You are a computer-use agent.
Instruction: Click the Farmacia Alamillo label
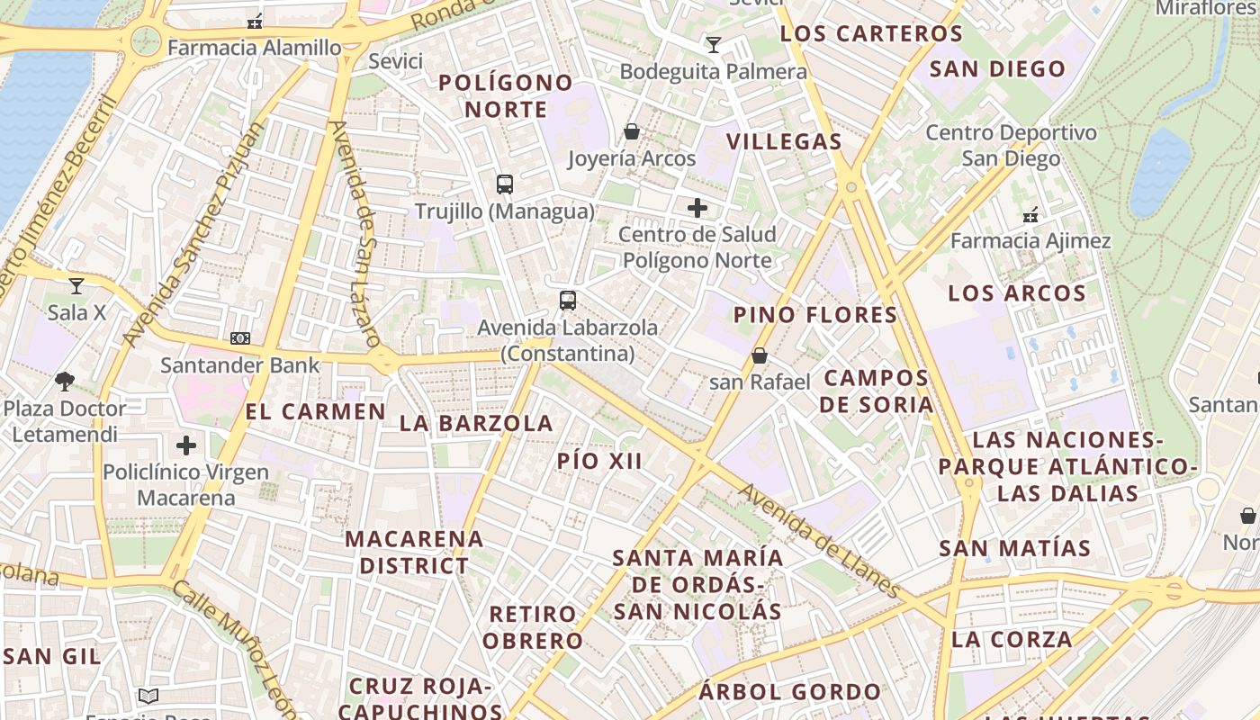click(255, 47)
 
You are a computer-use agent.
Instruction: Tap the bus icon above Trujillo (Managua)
click(505, 184)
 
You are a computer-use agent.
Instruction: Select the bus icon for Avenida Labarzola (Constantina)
click(567, 301)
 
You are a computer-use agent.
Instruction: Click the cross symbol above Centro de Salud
click(697, 209)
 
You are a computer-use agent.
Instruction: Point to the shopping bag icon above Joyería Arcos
click(632, 132)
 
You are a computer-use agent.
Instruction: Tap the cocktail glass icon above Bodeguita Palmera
click(714, 44)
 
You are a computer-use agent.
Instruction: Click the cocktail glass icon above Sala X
click(76, 286)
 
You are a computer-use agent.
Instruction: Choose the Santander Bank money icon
click(239, 338)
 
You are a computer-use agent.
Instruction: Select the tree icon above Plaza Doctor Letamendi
click(65, 382)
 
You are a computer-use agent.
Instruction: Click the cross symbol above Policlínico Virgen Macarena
click(186, 445)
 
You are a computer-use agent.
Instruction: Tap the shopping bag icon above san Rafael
click(760, 355)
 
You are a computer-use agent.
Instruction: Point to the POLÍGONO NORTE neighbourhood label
click(505, 96)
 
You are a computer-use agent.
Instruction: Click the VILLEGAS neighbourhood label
click(784, 141)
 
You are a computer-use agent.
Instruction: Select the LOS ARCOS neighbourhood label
click(1017, 293)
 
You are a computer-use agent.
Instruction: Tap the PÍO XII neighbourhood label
click(599, 462)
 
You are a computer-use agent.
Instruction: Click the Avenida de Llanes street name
click(818, 541)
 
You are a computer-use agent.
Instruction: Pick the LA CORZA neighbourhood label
click(1012, 640)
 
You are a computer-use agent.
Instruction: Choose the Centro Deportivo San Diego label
click(1012, 146)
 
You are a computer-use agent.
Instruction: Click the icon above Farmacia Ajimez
click(1030, 215)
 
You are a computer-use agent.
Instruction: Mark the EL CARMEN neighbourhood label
click(315, 412)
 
